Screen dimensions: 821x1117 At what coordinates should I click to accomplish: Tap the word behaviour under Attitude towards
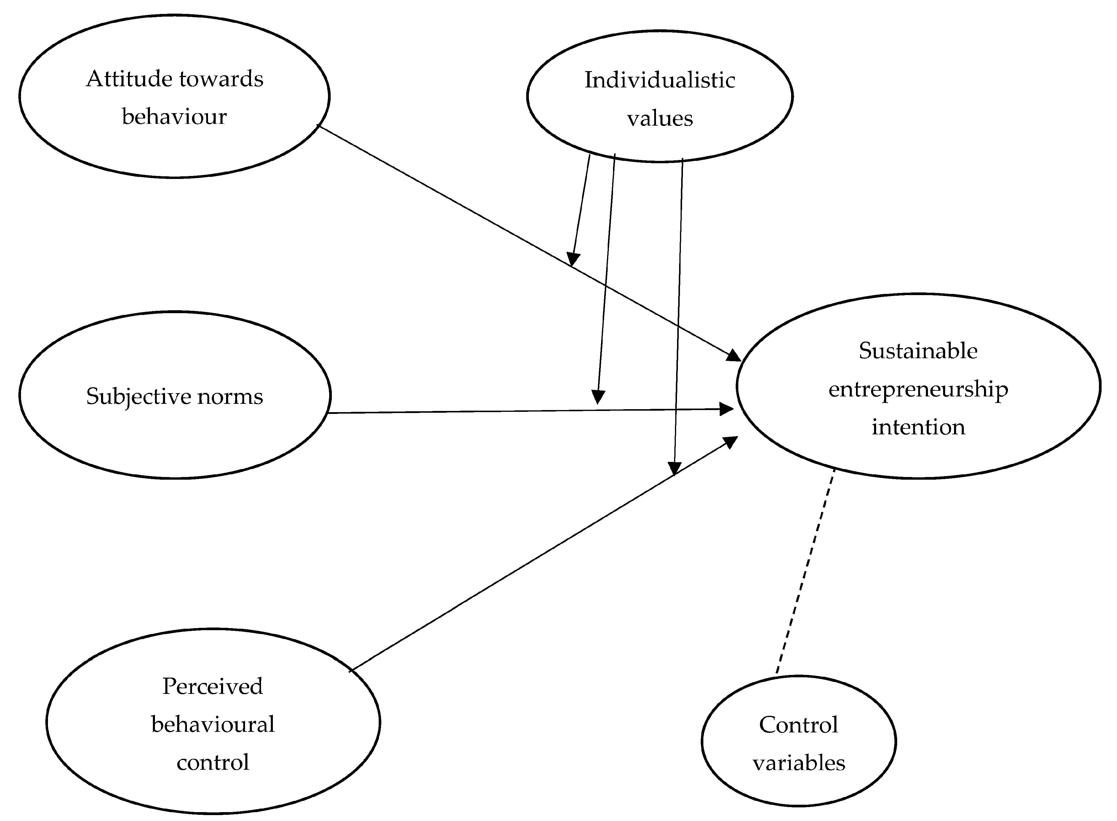click(175, 117)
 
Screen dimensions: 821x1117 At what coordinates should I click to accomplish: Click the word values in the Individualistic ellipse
click(659, 118)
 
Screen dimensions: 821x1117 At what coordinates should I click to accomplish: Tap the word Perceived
click(213, 686)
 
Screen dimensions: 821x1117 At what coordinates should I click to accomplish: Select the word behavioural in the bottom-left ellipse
click(213, 724)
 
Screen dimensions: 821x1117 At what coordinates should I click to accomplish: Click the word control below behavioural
click(213, 762)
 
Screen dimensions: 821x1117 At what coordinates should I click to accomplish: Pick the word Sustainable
click(918, 351)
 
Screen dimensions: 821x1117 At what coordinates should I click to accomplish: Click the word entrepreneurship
click(918, 389)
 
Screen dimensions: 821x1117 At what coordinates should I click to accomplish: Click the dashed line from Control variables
click(805, 572)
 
